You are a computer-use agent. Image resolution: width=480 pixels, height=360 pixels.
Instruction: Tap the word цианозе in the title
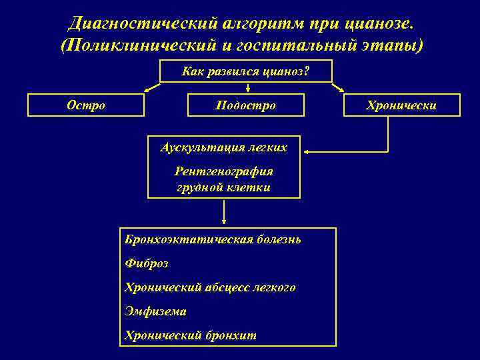pos(379,23)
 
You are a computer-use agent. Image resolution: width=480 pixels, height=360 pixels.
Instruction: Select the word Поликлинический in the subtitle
pos(145,45)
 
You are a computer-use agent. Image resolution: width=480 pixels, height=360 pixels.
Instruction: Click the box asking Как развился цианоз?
pos(246,71)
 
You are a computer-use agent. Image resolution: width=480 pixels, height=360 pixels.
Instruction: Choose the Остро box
pos(86,105)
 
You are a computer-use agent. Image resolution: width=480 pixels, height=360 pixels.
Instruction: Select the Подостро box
pos(246,105)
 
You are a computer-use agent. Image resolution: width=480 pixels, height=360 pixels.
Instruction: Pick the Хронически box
pos(402,105)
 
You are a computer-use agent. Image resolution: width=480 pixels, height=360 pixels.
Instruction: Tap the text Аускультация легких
pos(224,147)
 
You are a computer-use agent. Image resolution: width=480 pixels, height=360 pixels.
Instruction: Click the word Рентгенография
pos(224,171)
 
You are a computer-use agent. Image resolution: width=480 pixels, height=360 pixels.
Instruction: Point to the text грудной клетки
pos(224,187)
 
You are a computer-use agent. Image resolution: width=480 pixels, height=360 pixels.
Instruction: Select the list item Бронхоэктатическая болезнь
pos(213,239)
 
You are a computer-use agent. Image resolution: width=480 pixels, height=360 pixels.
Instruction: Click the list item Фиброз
pos(147,263)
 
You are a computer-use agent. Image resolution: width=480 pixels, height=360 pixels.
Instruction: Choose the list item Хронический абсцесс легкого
pos(210,287)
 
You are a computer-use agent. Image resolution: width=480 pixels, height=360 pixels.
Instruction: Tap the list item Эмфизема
pos(155,311)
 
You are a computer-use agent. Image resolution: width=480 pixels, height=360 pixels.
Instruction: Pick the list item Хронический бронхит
pos(190,335)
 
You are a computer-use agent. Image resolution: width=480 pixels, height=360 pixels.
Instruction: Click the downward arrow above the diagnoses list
pos(224,212)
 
